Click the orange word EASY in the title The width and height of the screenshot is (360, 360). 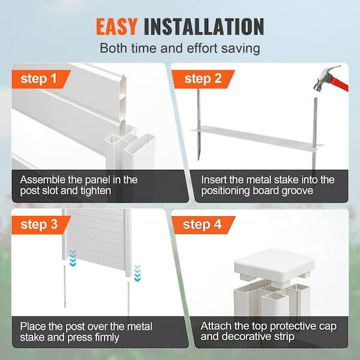(x=116, y=26)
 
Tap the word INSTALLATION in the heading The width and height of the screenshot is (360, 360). (x=204, y=26)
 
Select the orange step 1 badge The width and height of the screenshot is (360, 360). (x=41, y=79)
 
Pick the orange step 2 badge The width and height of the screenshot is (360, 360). (x=203, y=79)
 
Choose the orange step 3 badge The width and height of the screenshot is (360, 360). (x=41, y=225)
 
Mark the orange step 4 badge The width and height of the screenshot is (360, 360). (x=203, y=225)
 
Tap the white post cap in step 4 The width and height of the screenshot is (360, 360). (x=275, y=264)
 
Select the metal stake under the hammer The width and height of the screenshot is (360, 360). (x=316, y=133)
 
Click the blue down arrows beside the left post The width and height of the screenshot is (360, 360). (x=73, y=258)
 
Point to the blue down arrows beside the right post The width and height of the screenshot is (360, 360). (x=137, y=273)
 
